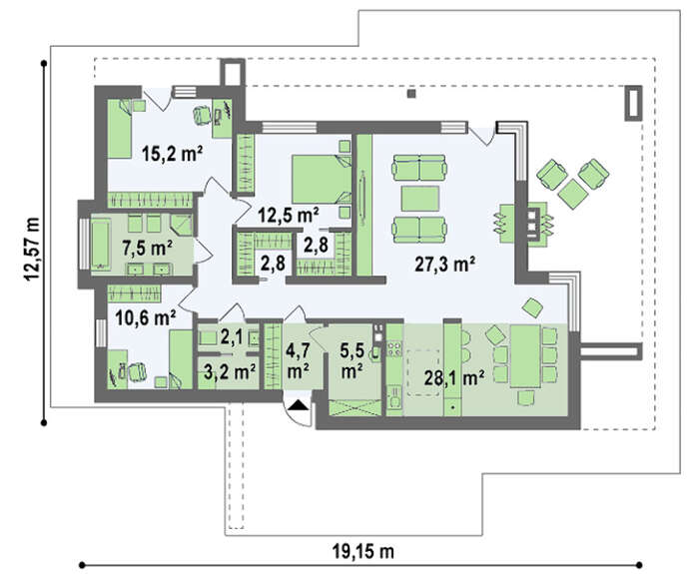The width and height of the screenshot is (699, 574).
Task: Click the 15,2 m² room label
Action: (173, 154)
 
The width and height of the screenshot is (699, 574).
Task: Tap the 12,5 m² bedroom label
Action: (289, 215)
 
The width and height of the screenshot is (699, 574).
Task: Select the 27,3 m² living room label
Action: (444, 264)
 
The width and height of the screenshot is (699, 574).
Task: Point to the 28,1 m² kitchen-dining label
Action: (453, 378)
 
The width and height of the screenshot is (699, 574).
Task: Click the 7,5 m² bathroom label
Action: (148, 248)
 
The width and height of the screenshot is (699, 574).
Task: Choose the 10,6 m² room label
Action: (146, 318)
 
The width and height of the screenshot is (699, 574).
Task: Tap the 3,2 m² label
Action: (229, 371)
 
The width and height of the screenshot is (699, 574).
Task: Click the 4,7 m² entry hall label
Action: (299, 360)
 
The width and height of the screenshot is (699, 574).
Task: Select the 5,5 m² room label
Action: (351, 360)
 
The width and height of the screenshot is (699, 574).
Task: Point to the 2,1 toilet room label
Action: (231, 337)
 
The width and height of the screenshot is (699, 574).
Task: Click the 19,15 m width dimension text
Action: (362, 552)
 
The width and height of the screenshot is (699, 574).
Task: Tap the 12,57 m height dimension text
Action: (32, 249)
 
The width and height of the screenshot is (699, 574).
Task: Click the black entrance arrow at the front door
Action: (299, 404)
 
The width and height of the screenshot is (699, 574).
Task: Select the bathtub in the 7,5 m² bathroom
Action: (100, 245)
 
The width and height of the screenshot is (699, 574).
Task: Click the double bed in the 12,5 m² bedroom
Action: (322, 179)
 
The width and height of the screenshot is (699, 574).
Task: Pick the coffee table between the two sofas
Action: (420, 199)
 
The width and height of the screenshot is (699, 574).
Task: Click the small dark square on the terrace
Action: (411, 94)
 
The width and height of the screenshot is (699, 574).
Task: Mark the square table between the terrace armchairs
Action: (573, 194)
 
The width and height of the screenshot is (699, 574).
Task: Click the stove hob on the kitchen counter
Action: (394, 348)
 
